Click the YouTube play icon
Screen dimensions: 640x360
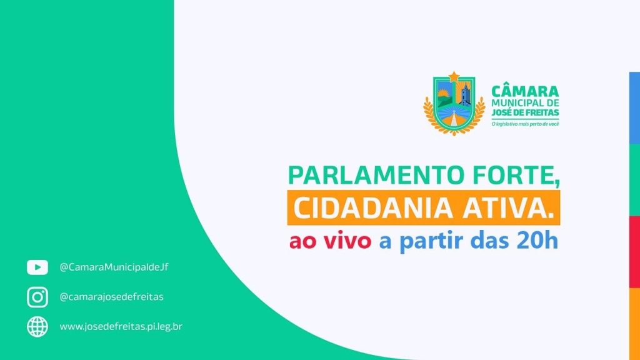tap(37, 267)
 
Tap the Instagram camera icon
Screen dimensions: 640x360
tap(37, 297)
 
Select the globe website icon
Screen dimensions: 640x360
tap(37, 326)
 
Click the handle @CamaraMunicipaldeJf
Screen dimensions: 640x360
tap(114, 267)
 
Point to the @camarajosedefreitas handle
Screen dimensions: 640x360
tap(111, 297)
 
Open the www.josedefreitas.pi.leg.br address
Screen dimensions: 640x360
tap(121, 326)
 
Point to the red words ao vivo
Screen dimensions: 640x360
tap(330, 241)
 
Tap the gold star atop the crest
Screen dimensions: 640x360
tap(454, 76)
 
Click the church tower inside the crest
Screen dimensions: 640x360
tap(464, 94)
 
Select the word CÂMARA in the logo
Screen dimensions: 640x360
tap(525, 91)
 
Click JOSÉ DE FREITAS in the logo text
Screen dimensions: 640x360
tap(525, 112)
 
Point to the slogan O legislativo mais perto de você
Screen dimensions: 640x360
tap(525, 124)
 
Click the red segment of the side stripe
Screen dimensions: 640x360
tap(635, 252)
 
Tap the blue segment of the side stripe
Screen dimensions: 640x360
tap(635, 108)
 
